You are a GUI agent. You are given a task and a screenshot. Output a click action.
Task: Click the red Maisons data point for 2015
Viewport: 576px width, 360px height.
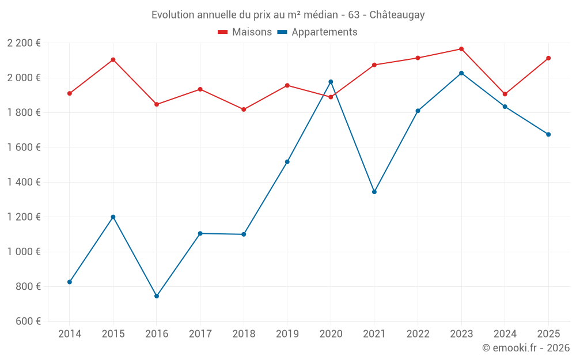(x=113, y=60)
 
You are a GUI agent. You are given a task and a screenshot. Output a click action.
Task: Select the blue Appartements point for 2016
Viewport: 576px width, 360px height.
(x=157, y=296)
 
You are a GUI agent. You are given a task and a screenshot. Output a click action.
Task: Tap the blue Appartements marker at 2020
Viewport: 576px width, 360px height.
(x=331, y=82)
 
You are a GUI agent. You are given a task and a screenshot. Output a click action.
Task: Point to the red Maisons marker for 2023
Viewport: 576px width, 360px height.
(x=461, y=49)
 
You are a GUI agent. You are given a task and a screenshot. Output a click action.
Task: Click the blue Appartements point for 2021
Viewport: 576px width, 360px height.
(x=374, y=192)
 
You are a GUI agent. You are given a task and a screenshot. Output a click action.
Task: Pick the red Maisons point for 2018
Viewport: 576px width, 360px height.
(x=244, y=109)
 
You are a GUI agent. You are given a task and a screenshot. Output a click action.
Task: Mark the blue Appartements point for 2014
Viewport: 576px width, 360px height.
(x=70, y=282)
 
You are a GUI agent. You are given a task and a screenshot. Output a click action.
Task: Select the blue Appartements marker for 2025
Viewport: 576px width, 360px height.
(x=548, y=134)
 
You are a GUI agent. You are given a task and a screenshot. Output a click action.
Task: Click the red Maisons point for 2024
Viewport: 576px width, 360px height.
(x=505, y=94)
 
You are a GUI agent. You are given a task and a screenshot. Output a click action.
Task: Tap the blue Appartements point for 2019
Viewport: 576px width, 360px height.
(x=287, y=162)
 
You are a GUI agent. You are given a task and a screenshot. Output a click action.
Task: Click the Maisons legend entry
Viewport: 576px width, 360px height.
(x=245, y=32)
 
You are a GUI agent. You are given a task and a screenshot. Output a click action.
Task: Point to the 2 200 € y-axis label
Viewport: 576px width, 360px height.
(x=24, y=43)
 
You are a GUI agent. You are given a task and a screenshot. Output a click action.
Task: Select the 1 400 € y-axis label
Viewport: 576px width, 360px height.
(x=24, y=182)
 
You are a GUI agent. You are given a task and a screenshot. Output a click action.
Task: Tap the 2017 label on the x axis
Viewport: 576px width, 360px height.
(x=200, y=334)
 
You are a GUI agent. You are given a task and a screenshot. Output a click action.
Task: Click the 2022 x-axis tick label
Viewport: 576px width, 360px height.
(x=418, y=334)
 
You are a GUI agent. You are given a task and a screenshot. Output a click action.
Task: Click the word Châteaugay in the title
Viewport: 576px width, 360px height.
(x=397, y=15)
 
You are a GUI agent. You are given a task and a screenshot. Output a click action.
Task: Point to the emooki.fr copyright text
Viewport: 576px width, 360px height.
(x=525, y=348)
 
